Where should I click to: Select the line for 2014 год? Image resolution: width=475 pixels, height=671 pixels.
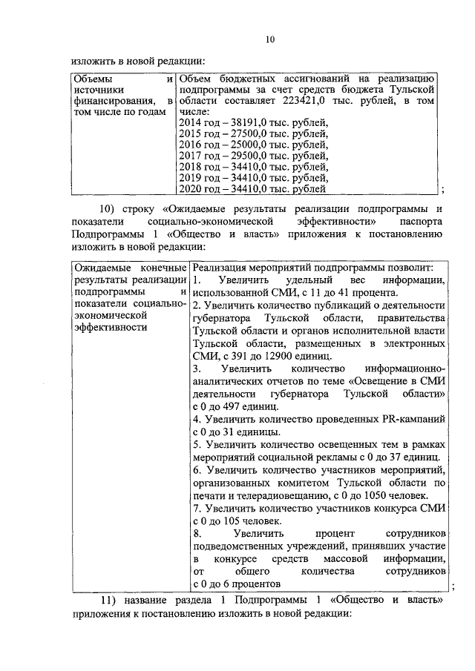pos(252,123)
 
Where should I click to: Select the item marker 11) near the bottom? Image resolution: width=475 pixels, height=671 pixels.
pos(110,599)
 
